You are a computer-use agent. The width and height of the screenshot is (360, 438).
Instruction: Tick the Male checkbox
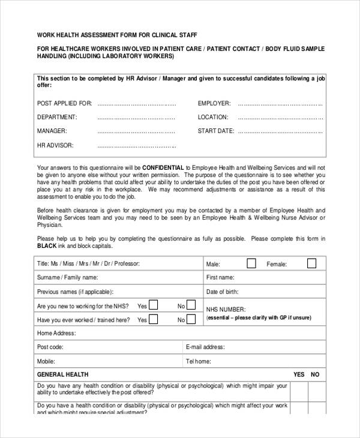pos(251,263)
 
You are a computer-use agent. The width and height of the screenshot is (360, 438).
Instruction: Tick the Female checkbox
pos(311,263)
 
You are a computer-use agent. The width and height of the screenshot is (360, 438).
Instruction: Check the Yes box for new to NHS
pos(153,305)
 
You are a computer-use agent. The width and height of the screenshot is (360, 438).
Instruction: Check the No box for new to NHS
pos(191,305)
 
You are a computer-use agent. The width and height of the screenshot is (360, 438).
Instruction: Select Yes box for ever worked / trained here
pos(153,320)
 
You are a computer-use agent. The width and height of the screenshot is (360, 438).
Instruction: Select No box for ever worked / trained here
pos(191,320)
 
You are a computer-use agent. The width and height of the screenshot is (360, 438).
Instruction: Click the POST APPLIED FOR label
pos(64,103)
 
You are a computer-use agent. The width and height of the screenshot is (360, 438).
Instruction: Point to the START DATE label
pos(216,131)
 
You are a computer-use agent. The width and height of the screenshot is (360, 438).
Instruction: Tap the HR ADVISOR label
pos(55,145)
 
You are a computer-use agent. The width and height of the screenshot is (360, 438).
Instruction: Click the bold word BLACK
pos(46,246)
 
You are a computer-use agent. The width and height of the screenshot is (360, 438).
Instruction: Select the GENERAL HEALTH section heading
pos(63,374)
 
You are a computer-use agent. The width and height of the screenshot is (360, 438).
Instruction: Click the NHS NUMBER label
pos(226,310)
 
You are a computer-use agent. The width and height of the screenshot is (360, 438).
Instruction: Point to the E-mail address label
pos(205,347)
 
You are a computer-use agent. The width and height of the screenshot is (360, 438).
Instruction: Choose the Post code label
pos(50,347)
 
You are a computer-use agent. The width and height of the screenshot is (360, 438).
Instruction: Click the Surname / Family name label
pos(67,278)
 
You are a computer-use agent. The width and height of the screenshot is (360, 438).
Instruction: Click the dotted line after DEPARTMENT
pos(136,117)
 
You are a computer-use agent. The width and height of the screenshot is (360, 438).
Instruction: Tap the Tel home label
pos(199,361)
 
